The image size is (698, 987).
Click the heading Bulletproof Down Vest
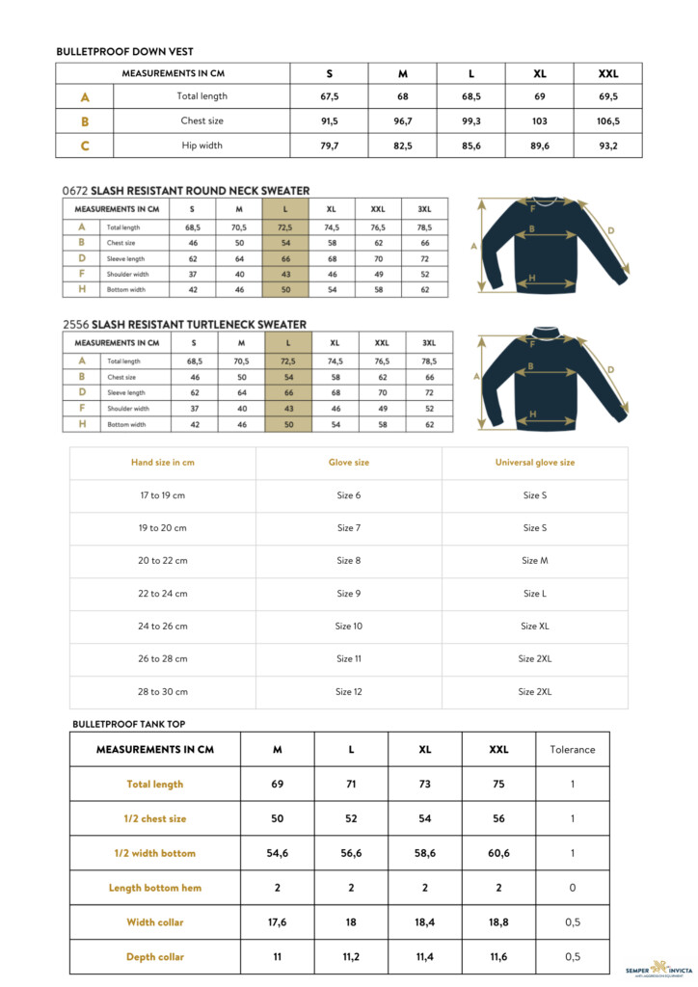pyautogui.click(x=125, y=51)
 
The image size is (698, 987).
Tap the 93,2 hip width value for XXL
pyautogui.click(x=608, y=147)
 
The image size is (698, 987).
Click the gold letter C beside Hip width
pyautogui.click(x=85, y=147)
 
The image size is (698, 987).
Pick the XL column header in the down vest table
pyautogui.click(x=540, y=73)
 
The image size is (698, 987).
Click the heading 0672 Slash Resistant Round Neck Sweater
pyautogui.click(x=185, y=191)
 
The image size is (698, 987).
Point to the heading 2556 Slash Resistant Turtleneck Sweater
pyautogui.click(x=184, y=325)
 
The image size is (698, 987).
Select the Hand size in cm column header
pyautogui.click(x=163, y=463)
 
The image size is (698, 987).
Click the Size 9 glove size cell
pyautogui.click(x=349, y=594)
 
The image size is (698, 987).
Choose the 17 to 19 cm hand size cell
pyautogui.click(x=163, y=495)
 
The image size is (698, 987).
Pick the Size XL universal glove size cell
pyautogui.click(x=535, y=627)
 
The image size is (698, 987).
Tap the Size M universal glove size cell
pyautogui.click(x=535, y=561)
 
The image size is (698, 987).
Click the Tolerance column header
pyautogui.click(x=573, y=750)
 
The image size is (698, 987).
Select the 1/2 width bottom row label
pyautogui.click(x=154, y=853)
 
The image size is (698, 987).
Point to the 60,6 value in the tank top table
pyautogui.click(x=498, y=853)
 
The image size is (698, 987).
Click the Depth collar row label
pyautogui.click(x=154, y=957)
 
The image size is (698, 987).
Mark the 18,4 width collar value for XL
pyautogui.click(x=425, y=922)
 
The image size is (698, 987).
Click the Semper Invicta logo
pyautogui.click(x=659, y=968)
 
